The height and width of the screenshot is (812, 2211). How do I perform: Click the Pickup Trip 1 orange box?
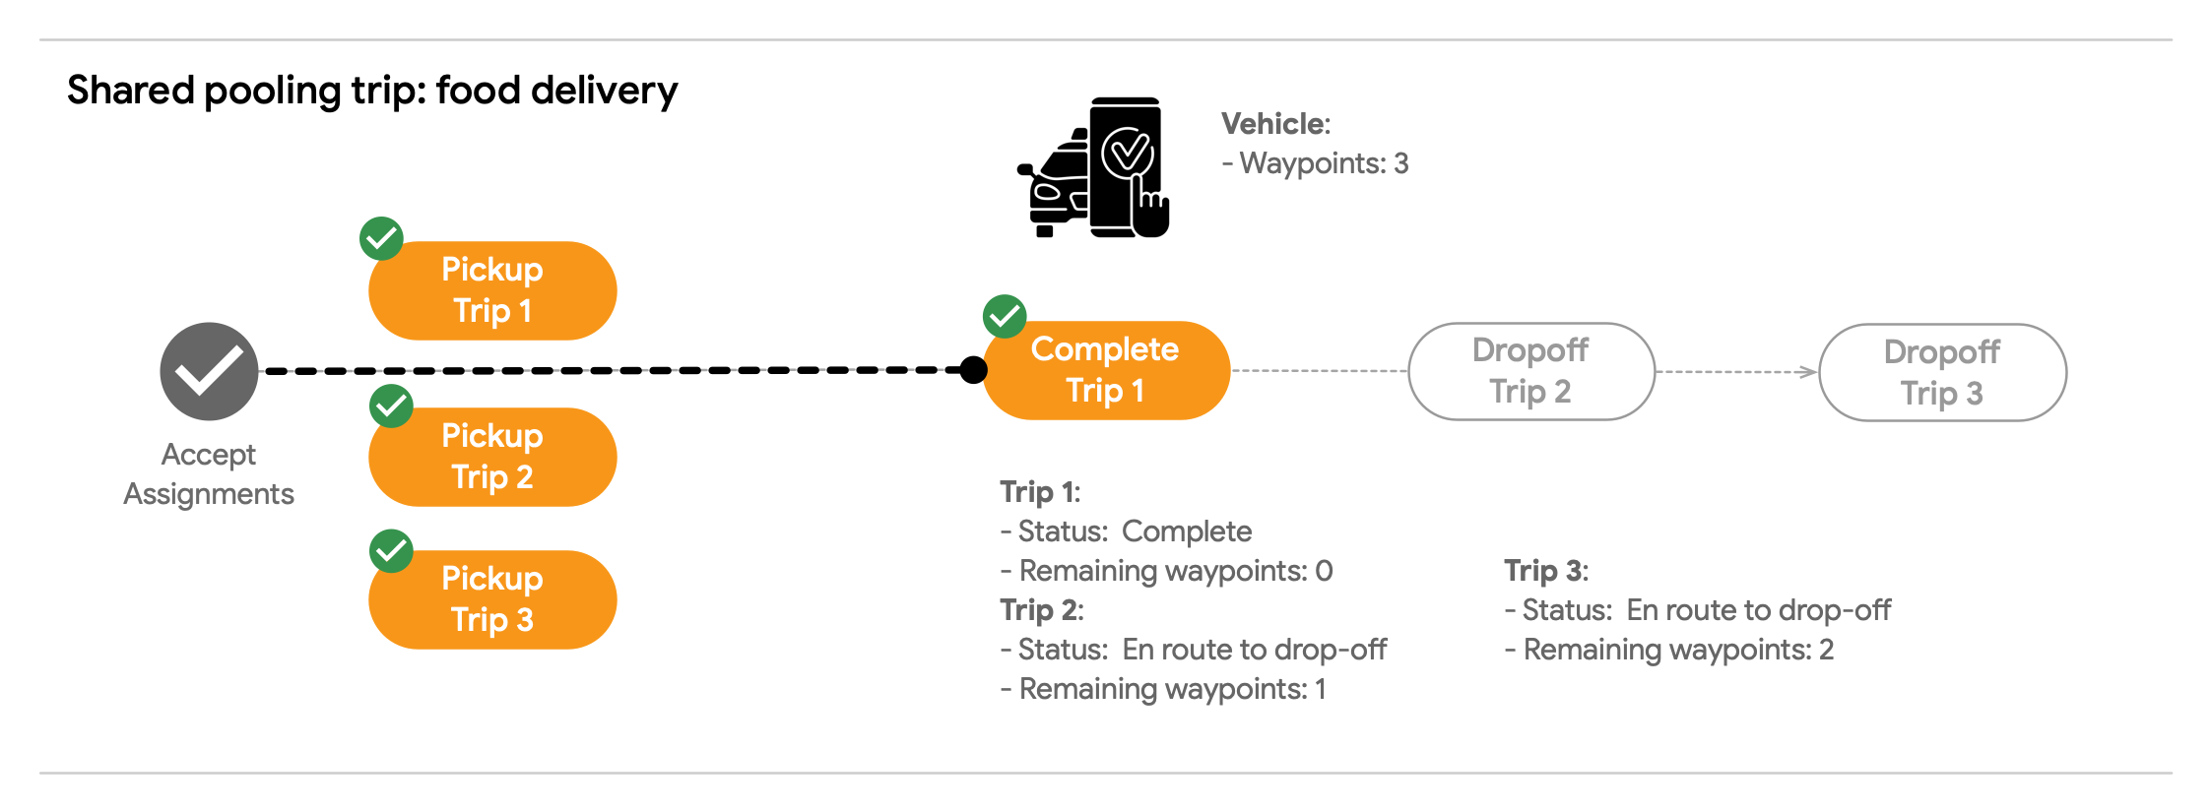tap(492, 290)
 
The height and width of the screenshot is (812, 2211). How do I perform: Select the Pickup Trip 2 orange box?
tap(492, 457)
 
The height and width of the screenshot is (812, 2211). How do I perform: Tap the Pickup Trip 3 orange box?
tap(492, 599)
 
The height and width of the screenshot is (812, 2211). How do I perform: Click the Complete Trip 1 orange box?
tap(1106, 370)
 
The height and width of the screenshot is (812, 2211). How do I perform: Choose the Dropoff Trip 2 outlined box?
tap(1530, 371)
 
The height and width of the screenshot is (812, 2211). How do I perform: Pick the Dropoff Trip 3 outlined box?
tap(1942, 373)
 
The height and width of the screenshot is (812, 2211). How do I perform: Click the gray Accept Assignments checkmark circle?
tap(209, 371)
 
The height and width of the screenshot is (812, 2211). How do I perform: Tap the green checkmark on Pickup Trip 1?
tap(381, 238)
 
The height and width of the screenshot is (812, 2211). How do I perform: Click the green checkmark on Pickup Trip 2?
tap(391, 406)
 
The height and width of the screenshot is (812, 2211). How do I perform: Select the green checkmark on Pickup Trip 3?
tap(391, 550)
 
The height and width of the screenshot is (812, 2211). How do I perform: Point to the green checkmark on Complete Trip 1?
tap(1005, 316)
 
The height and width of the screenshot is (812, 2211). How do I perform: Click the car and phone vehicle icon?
tap(1094, 167)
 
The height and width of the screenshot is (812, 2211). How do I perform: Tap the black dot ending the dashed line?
tap(973, 370)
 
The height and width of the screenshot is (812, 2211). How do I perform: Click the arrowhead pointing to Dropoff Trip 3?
tap(1808, 372)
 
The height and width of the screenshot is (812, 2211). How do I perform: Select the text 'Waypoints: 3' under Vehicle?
tap(1324, 163)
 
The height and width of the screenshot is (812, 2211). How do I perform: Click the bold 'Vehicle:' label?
tap(1275, 124)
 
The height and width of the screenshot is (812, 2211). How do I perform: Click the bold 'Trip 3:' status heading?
tap(1545, 571)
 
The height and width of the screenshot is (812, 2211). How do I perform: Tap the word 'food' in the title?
tap(478, 91)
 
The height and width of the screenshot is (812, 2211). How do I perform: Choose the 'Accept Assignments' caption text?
tap(209, 473)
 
